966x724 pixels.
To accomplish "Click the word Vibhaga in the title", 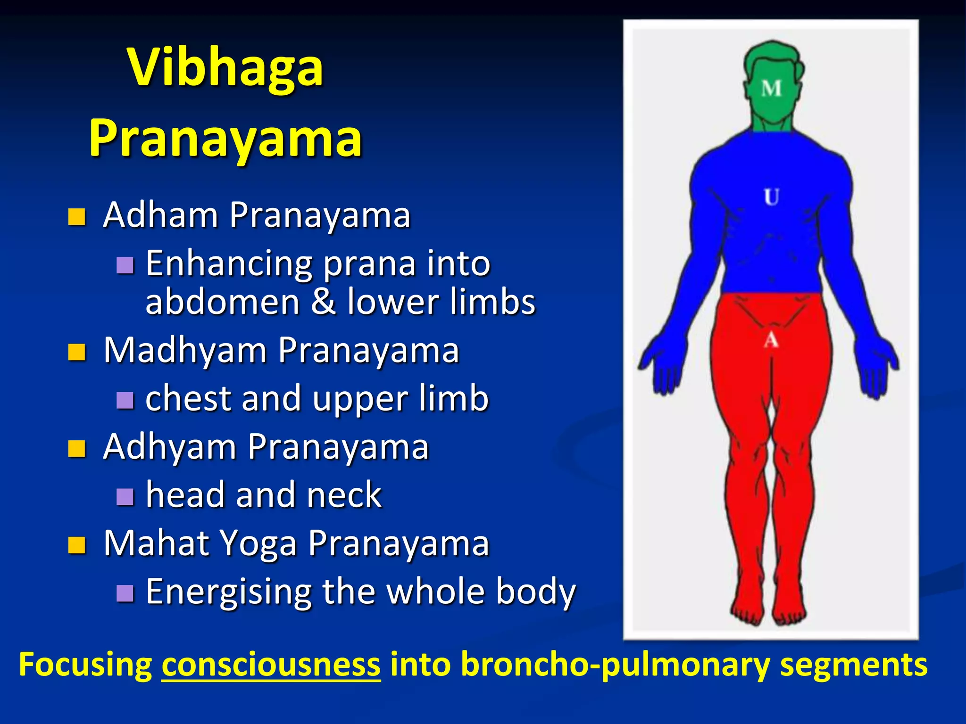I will [225, 68].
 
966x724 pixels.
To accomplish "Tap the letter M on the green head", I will [772, 89].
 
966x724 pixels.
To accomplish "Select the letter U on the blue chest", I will [772, 197].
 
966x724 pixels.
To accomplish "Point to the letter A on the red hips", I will [771, 339].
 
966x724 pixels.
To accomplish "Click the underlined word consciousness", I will [271, 665].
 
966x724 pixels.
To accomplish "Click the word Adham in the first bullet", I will [160, 215].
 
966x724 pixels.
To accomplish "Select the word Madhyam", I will [185, 351].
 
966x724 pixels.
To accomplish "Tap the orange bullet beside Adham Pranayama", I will [76, 217].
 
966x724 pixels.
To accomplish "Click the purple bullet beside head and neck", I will [125, 496].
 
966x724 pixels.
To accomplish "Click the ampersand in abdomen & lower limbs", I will [323, 302].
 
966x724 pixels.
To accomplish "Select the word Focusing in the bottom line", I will [85, 665].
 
